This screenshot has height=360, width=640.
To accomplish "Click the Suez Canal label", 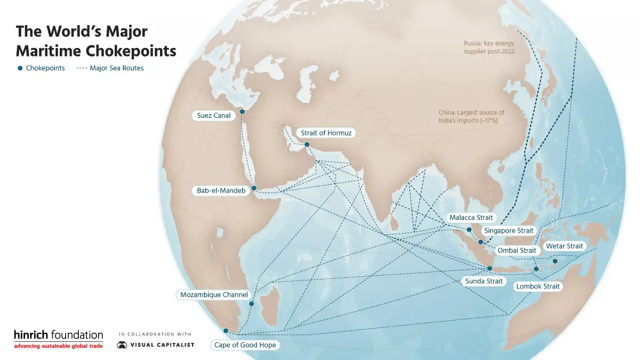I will point(214,116).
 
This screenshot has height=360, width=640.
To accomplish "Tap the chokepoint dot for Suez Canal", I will point(242,111).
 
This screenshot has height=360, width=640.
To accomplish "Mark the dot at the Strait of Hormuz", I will point(307,144).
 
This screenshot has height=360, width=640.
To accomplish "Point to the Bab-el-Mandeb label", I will point(221,190).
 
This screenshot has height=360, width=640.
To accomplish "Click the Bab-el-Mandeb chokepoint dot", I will point(254,188).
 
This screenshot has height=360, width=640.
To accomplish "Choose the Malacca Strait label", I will point(471,218).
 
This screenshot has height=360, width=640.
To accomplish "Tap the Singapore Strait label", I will point(508,231).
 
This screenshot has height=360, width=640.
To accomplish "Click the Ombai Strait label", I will point(517,250).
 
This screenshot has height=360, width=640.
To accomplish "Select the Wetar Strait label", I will point(564,246).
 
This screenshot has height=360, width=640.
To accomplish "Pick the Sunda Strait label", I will point(484,281).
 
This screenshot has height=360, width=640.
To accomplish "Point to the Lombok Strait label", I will point(538,286).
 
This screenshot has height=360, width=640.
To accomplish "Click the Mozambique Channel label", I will point(214,294).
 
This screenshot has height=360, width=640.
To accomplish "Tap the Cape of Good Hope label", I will point(245,345).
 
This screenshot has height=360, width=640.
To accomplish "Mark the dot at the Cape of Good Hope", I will point(226,331).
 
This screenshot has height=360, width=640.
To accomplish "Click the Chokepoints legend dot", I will point(20,68).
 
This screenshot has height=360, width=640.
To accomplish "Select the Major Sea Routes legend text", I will point(116,68).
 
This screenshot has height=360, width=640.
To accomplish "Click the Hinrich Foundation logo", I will point(59,339).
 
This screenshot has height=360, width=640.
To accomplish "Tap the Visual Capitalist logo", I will point(156,345).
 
